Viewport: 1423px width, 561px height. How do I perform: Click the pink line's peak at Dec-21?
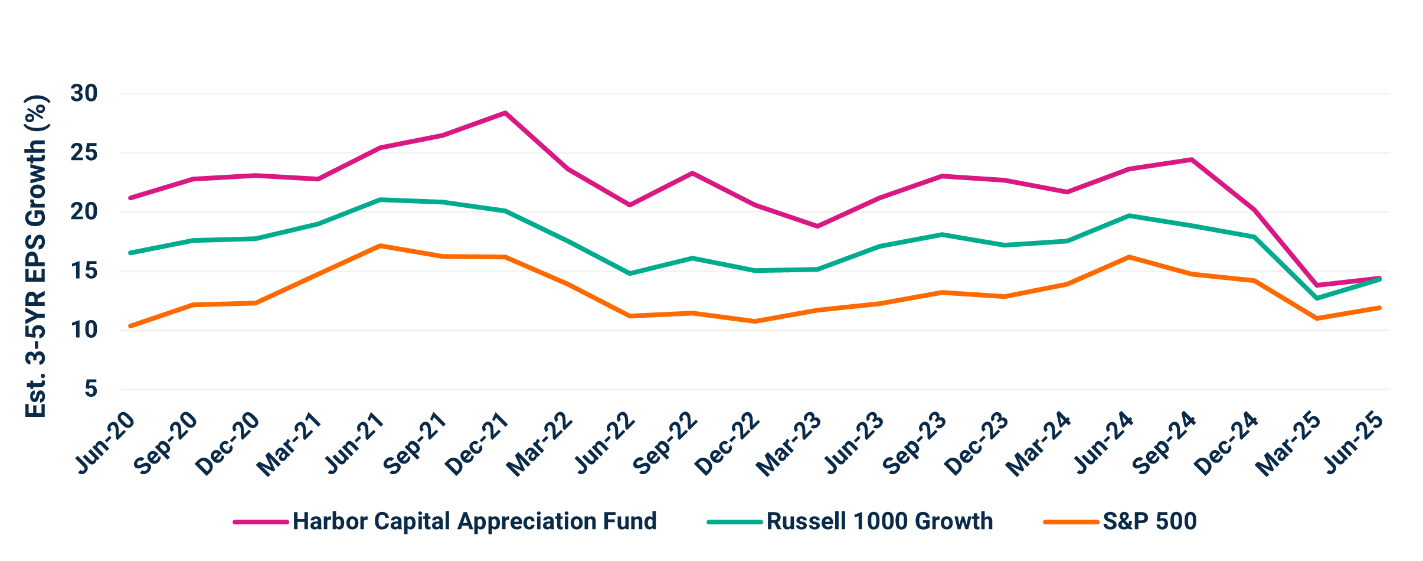[505, 112]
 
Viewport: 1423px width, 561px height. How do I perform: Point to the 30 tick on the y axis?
[84, 93]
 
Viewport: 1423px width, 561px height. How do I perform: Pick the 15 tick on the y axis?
[84, 271]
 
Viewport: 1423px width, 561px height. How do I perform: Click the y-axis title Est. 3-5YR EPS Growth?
[37, 257]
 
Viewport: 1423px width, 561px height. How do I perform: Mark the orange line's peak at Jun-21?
[381, 245]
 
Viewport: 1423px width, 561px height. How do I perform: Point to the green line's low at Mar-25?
[1317, 298]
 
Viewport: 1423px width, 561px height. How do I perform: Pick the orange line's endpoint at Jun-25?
[1379, 307]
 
